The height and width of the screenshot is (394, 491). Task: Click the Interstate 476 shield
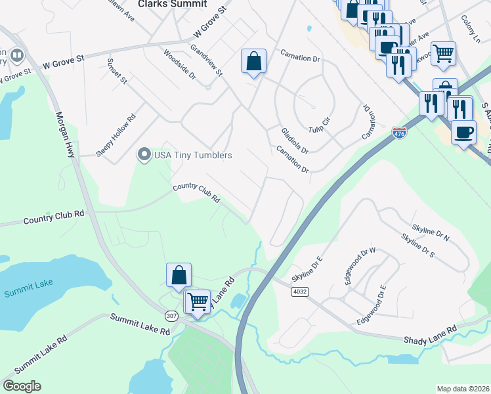(x=399, y=133)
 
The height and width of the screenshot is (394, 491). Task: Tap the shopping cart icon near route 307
(x=198, y=301)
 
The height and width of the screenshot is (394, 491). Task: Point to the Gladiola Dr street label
(x=294, y=140)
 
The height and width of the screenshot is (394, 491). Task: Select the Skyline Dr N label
(x=430, y=226)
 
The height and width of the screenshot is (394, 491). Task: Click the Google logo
(x=21, y=386)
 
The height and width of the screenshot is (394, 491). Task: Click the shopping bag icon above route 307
(x=179, y=275)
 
